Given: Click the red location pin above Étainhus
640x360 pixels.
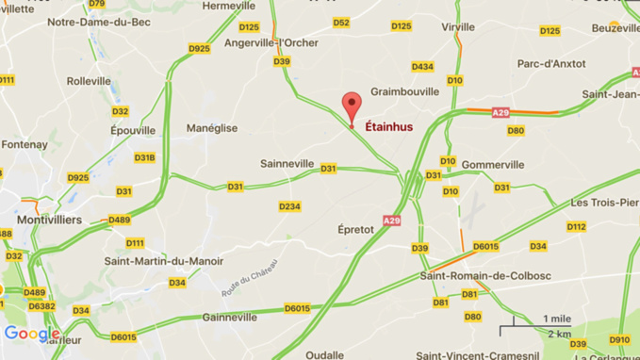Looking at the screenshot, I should point(352,106).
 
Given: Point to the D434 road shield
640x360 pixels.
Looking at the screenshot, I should point(422,66).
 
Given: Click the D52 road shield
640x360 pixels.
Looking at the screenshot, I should point(341,23).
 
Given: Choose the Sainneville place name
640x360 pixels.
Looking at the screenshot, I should point(287,163).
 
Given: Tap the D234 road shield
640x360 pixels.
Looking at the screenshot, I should point(289,206).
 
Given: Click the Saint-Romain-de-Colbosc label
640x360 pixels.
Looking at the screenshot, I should point(474,275).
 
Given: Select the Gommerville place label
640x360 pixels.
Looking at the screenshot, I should point(493,164).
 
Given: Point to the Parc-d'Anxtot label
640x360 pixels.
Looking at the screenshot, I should point(551,64).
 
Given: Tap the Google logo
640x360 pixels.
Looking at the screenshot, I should point(31,334).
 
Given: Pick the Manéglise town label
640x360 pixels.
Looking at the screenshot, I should point(212,128).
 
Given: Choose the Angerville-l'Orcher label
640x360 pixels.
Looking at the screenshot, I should point(271,42).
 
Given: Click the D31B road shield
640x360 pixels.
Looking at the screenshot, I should point(144,157).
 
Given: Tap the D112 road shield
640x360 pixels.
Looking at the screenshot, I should point(577,226).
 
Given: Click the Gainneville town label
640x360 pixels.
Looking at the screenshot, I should point(229,318).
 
